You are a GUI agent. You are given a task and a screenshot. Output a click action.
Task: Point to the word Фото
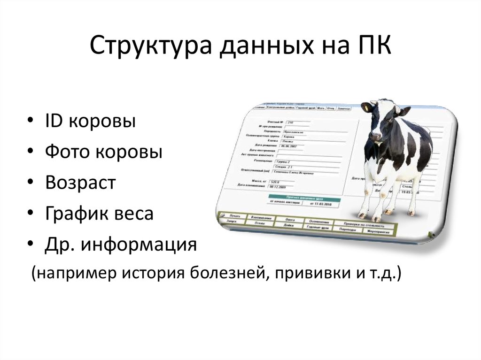tap(69, 152)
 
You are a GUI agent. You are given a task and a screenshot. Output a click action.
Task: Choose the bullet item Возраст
tap(80, 183)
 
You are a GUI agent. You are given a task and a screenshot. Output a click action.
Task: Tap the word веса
tap(135, 214)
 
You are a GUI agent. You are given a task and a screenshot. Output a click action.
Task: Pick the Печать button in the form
tap(235, 216)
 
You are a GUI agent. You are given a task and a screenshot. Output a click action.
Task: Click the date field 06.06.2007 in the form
tap(289, 146)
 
